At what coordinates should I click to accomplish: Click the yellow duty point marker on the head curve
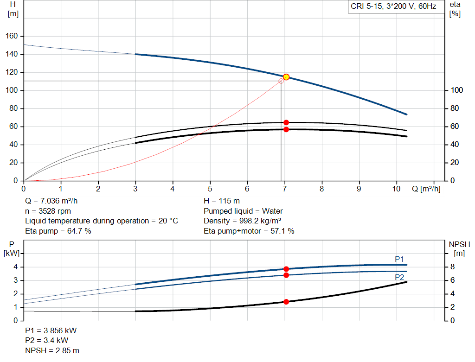click(286, 77)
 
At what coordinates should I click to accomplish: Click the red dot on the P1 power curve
click(286, 269)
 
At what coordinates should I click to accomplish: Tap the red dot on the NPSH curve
click(286, 301)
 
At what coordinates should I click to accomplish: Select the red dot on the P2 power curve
click(286, 275)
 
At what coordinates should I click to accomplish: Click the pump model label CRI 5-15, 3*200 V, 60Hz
click(393, 6)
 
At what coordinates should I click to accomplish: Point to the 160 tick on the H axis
click(12, 36)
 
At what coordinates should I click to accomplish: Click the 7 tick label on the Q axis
click(284, 189)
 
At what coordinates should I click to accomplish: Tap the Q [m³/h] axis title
click(426, 189)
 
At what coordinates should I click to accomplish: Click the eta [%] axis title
click(455, 9)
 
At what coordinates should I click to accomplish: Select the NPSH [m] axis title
click(459, 248)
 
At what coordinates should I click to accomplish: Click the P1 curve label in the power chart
click(399, 259)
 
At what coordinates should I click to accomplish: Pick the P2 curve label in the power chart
click(399, 277)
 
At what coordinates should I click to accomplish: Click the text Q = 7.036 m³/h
click(51, 201)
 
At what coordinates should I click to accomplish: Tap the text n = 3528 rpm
click(48, 211)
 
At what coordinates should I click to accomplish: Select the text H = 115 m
click(222, 201)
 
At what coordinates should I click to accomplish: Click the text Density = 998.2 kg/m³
click(242, 221)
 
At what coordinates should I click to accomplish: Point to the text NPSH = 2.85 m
click(52, 350)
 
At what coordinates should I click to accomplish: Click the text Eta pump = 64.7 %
click(58, 231)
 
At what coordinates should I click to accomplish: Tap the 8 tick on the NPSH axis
click(452, 267)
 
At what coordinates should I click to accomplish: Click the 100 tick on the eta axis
click(457, 90)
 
